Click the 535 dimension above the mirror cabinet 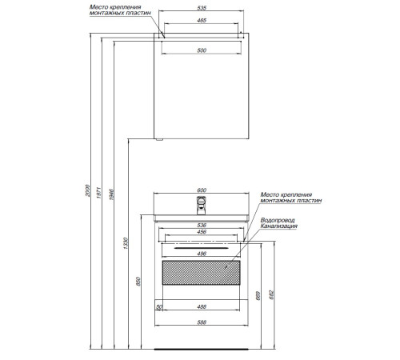click(202, 8)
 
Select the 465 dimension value click(202, 20)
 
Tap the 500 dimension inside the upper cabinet click(202, 50)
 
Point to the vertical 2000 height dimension click(88, 190)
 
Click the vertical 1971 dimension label click(99, 193)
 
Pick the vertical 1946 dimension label click(112, 194)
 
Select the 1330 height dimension click(126, 243)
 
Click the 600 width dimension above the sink click(202, 190)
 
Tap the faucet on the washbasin click(201, 206)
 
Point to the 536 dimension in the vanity click(202, 226)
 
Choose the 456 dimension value click(202, 232)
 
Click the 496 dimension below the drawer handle click(202, 254)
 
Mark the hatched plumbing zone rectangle click(201, 273)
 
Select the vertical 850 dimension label click(138, 282)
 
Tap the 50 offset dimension click(159, 307)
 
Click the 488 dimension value click(202, 307)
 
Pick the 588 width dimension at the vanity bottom click(202, 322)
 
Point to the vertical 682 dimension click(271, 294)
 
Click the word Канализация click(279, 226)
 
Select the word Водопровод click(278, 220)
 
